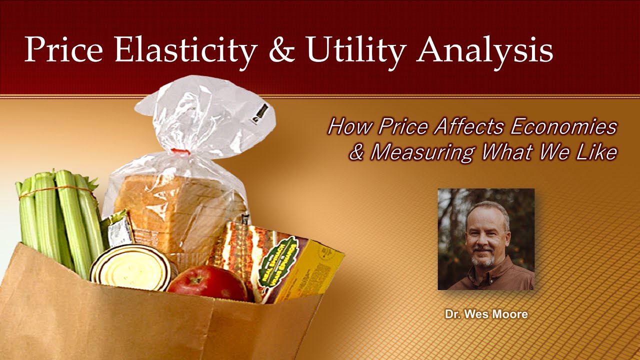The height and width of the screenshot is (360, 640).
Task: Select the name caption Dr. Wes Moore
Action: coord(486,315)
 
